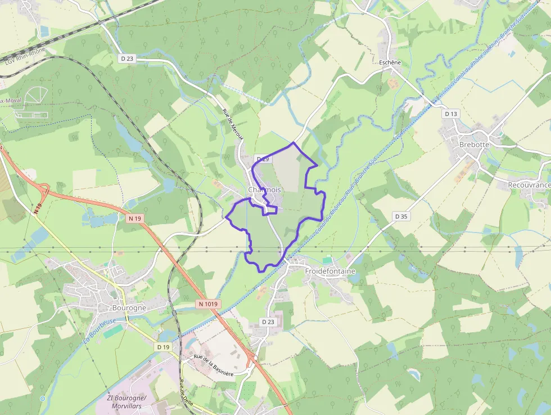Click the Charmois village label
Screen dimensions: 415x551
point(264,190)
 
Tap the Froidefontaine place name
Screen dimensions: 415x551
point(330,271)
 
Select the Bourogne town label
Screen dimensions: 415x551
point(129,308)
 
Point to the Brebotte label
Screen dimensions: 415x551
point(474,144)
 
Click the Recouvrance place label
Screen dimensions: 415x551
point(529,185)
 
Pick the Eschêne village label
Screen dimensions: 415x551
point(390,63)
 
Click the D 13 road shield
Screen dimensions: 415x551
point(451,114)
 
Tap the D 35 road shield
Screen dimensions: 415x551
point(401,216)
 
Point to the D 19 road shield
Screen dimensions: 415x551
point(163,347)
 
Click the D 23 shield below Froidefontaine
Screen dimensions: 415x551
point(268,322)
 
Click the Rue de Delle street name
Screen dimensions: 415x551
point(184,391)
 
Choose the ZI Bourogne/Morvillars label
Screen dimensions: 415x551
point(127,401)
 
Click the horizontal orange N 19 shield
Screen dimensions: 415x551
point(134,218)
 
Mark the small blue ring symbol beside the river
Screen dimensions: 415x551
point(43,399)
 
